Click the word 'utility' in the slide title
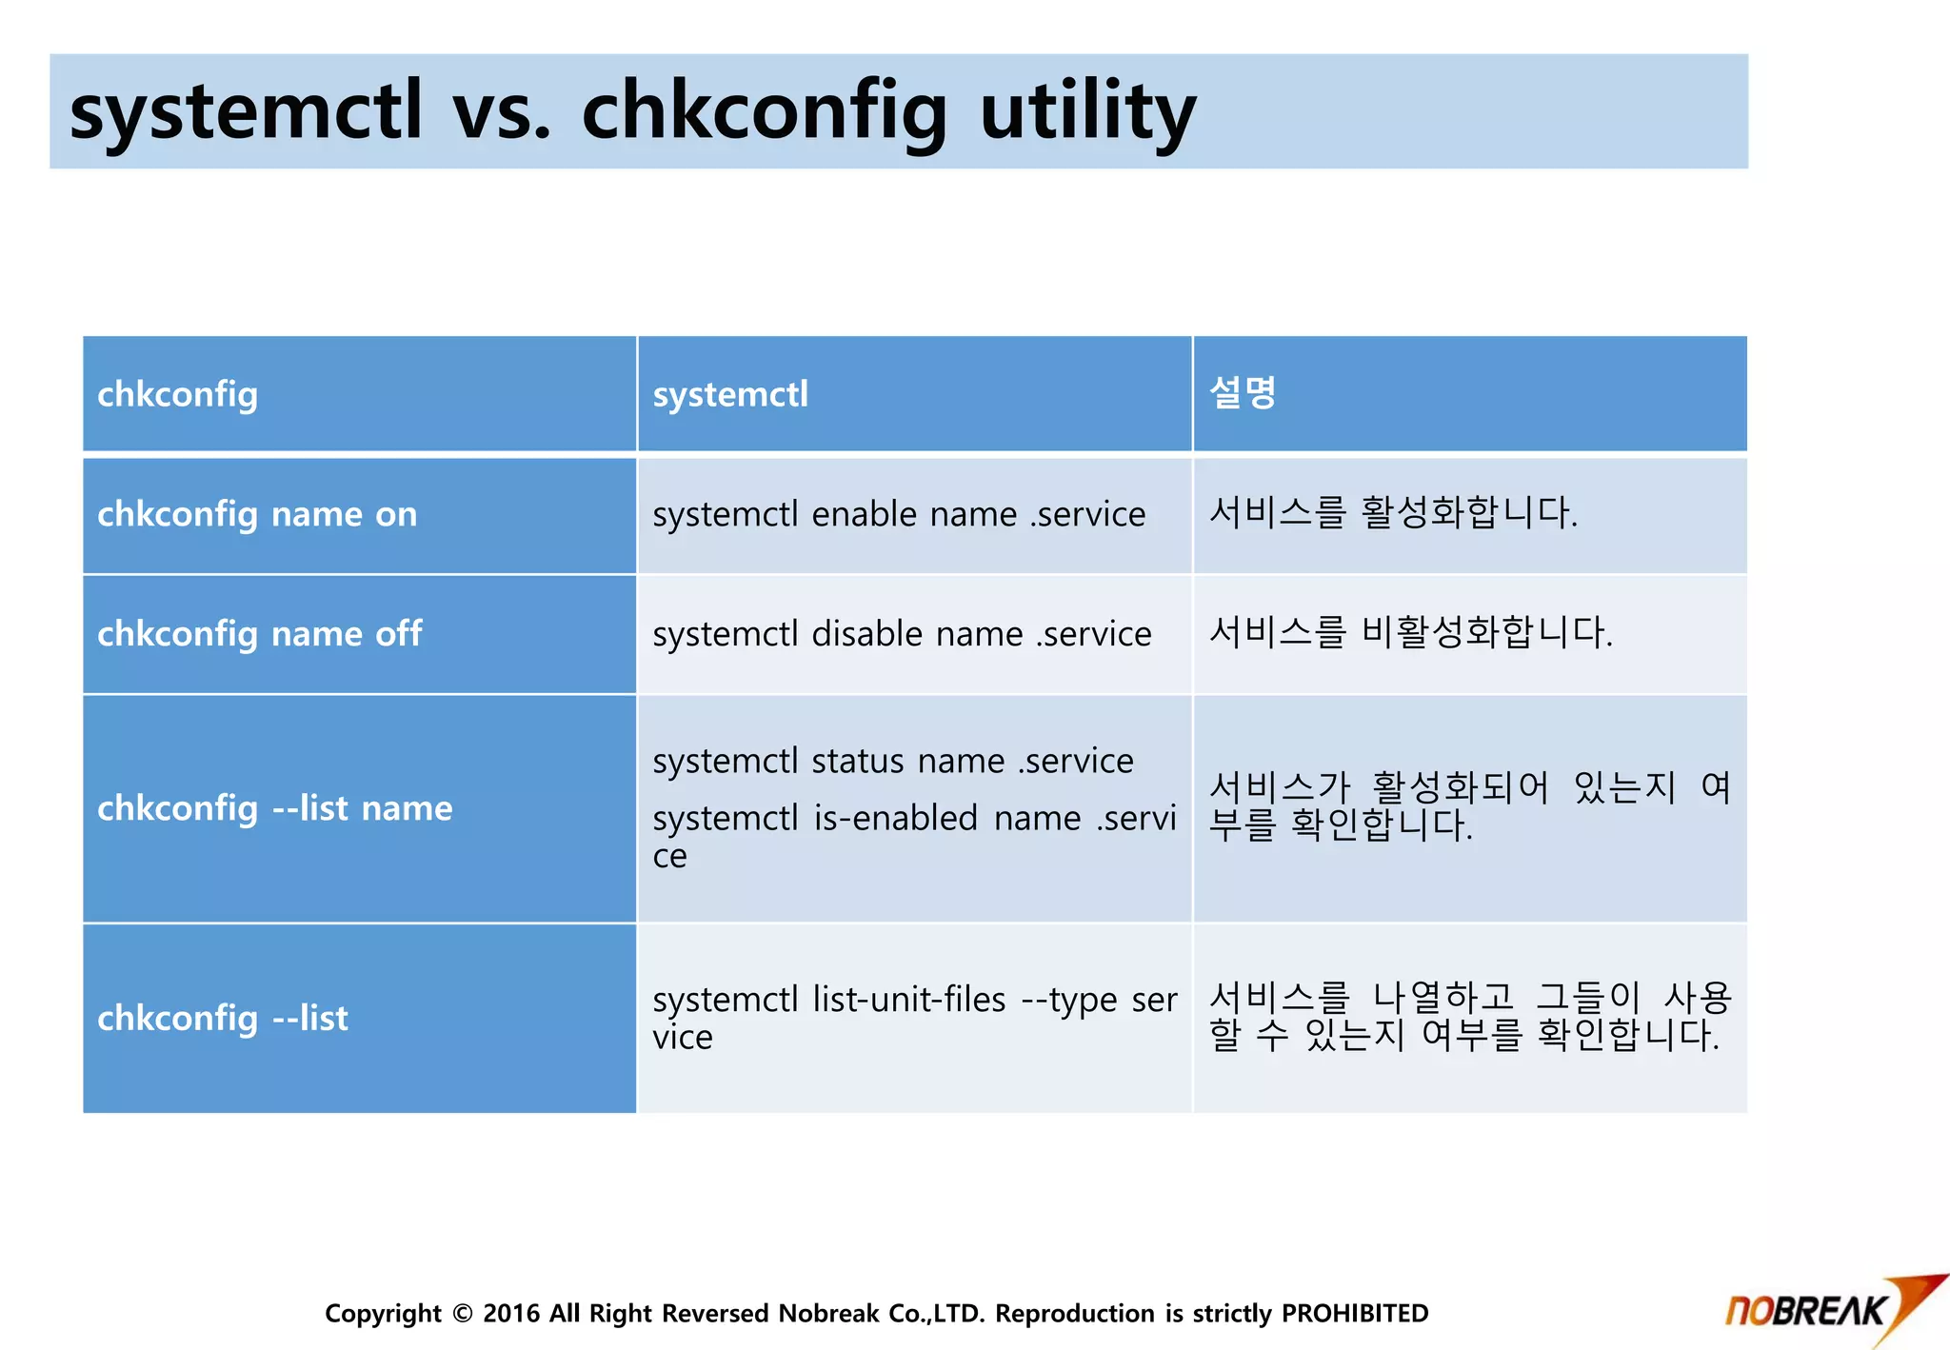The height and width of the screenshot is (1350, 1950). [x=1087, y=112]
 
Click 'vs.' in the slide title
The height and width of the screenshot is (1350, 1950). [x=502, y=112]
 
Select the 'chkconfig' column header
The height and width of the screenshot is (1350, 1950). [x=178, y=395]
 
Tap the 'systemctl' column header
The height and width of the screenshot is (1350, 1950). [x=730, y=395]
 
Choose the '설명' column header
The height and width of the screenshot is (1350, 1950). [x=1243, y=393]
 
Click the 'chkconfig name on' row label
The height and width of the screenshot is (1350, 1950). [x=257, y=515]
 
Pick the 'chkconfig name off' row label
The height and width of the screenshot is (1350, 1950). [x=259, y=634]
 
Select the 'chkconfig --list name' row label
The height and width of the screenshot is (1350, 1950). [x=274, y=808]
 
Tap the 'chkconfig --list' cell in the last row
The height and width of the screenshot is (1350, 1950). [x=223, y=1019]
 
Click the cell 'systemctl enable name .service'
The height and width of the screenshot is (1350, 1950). [x=899, y=515]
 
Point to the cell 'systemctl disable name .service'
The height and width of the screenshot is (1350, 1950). [x=902, y=634]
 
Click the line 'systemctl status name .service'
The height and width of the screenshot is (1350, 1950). [x=892, y=762]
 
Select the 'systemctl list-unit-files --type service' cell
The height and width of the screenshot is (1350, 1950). [x=914, y=1018]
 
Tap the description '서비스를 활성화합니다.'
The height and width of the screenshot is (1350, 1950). [x=1393, y=513]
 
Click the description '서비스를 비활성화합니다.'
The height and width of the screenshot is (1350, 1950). [x=1410, y=632]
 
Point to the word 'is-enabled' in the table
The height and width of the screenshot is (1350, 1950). [x=895, y=819]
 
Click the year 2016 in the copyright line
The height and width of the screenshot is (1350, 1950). [x=511, y=1314]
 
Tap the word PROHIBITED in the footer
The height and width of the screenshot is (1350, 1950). [x=1354, y=1314]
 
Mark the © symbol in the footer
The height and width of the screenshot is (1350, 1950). [x=463, y=1314]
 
